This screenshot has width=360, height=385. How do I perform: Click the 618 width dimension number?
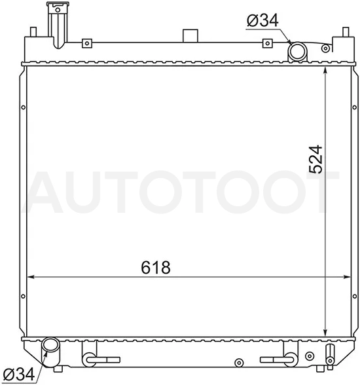(156, 267)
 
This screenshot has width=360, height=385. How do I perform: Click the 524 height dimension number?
(315, 159)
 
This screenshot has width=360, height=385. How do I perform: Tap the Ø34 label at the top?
(262, 20)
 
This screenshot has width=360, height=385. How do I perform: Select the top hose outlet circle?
(297, 52)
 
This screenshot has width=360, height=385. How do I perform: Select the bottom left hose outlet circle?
(50, 346)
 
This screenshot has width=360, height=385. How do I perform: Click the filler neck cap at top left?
(58, 4)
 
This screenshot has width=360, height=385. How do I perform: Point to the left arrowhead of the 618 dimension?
(30, 277)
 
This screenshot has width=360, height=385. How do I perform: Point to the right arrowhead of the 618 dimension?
(347, 277)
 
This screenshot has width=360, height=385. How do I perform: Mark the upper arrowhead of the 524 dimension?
(325, 70)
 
